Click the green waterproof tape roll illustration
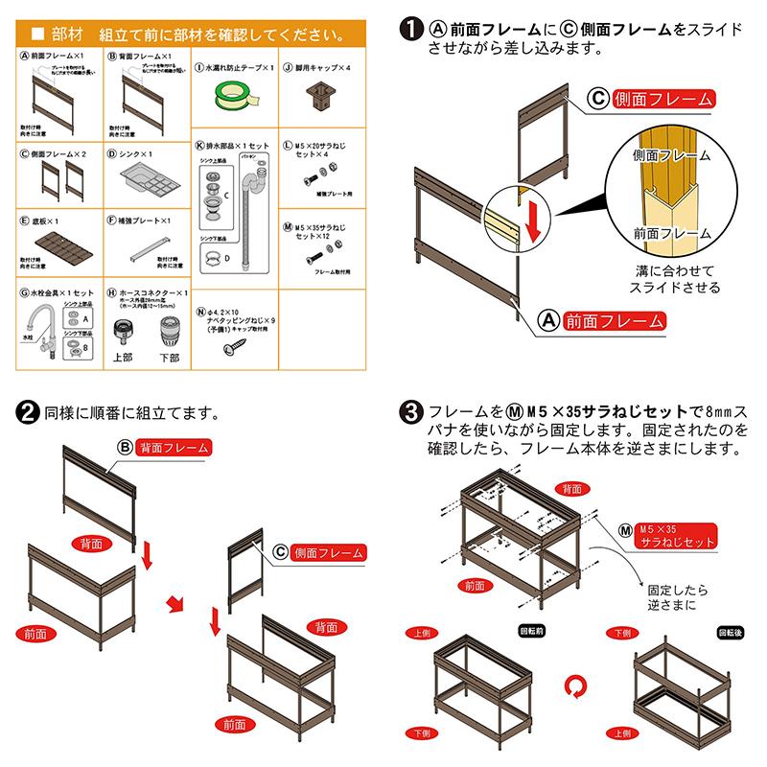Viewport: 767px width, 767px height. (236, 93)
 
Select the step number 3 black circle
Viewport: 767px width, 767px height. (412, 415)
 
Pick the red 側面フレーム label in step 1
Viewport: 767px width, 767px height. (662, 99)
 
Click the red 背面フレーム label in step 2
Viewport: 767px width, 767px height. (173, 448)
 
